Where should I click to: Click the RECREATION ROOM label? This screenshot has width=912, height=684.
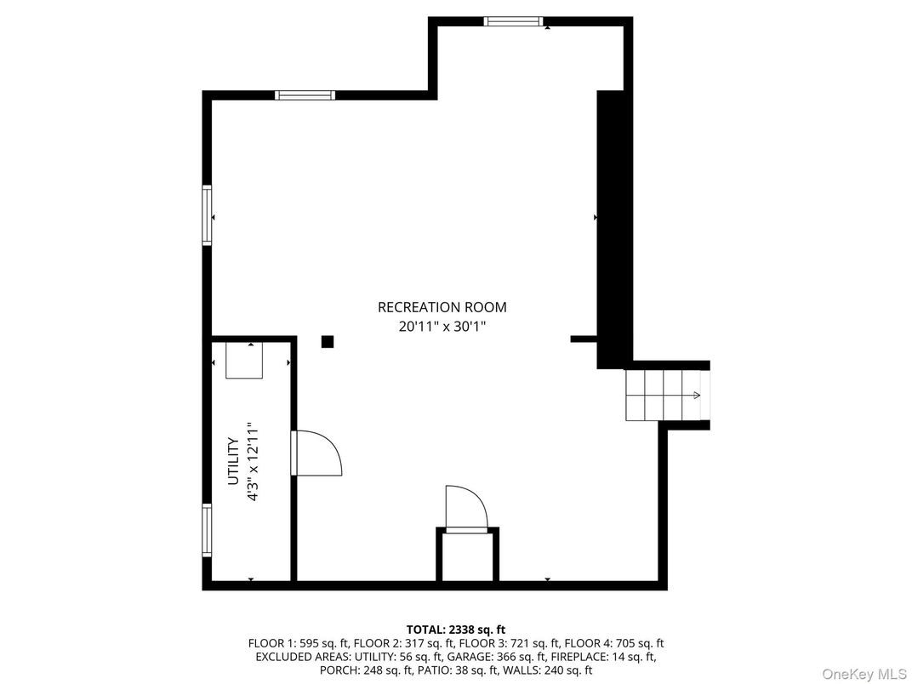[442, 307]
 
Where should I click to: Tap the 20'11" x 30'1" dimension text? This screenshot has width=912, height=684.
[442, 326]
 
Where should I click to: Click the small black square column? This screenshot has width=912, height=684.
[327, 342]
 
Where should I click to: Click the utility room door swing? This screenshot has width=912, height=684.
[316, 453]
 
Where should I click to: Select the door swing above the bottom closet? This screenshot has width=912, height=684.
[466, 508]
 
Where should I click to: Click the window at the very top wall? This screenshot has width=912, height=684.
[513, 21]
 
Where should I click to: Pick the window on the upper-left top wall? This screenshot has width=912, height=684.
[305, 95]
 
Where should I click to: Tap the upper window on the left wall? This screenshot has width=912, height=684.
[207, 216]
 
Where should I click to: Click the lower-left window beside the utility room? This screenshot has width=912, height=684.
[207, 530]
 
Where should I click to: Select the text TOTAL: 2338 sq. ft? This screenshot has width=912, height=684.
[456, 630]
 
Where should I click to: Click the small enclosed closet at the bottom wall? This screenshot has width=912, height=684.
[467, 556]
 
